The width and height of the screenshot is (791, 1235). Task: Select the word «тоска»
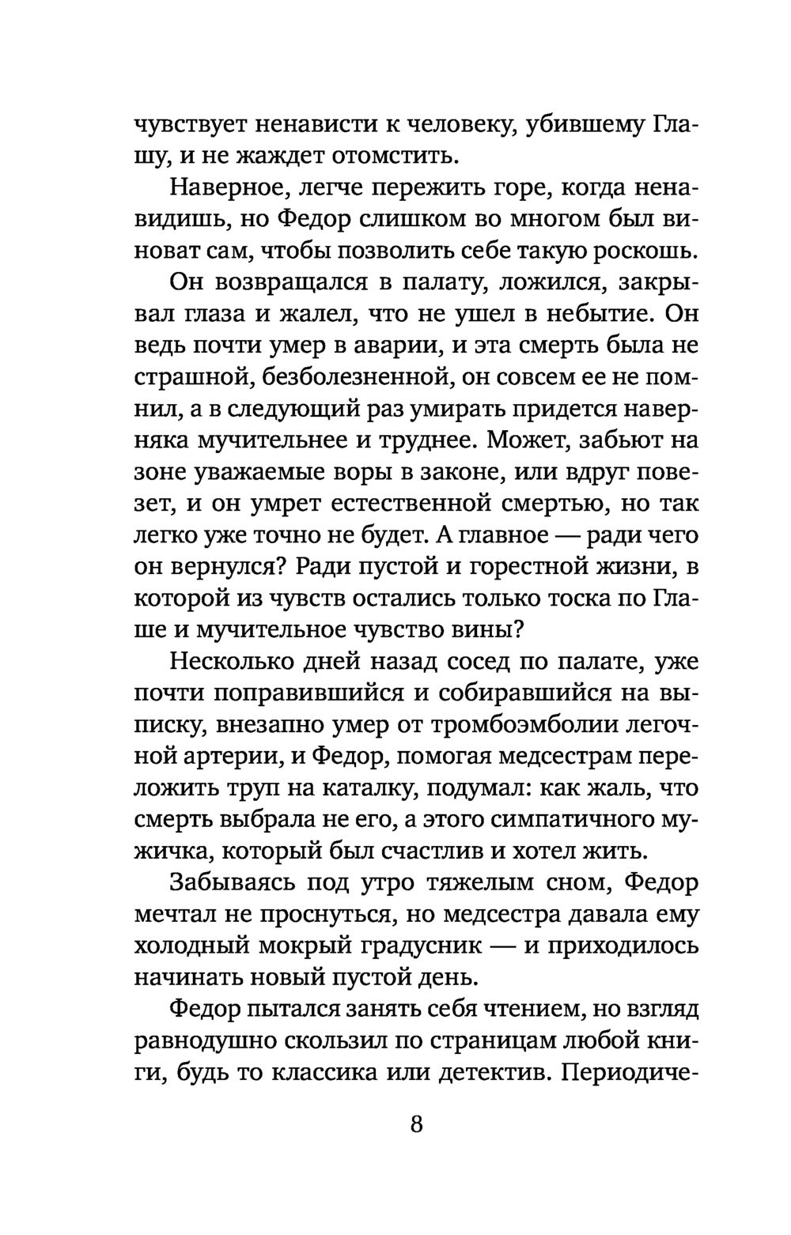coord(583,599)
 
